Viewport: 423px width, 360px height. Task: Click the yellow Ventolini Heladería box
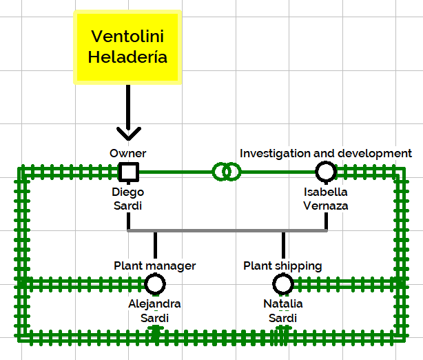[x=127, y=48]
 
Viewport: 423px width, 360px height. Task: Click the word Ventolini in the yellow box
[x=127, y=36]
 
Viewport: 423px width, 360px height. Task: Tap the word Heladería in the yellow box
[x=127, y=57]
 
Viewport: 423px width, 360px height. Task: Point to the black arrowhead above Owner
[x=129, y=133]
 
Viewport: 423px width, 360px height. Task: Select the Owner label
[x=128, y=153]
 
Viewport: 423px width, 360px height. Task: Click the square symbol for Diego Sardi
[x=129, y=172]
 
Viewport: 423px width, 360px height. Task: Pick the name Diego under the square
[x=128, y=192]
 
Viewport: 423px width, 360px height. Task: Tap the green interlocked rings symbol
[x=227, y=172]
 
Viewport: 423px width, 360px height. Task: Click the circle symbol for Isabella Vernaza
[x=326, y=172]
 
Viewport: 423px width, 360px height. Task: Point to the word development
[x=375, y=153]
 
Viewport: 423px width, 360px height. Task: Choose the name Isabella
[x=326, y=192]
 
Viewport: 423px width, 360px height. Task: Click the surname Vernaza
[x=326, y=206]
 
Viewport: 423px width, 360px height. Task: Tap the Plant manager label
[x=154, y=266]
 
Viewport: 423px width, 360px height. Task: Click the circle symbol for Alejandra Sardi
[x=155, y=284]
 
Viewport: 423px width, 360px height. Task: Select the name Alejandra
[x=154, y=304]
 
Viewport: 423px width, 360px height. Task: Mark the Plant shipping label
[x=282, y=266]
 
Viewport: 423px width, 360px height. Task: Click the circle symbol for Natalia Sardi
[x=283, y=284]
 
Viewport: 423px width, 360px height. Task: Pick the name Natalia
[x=283, y=304]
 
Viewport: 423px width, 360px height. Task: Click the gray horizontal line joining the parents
[x=227, y=230]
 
